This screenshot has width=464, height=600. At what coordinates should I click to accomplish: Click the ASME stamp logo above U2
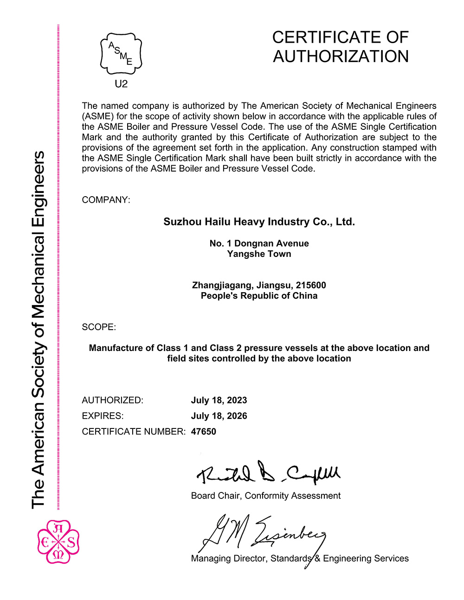(x=121, y=53)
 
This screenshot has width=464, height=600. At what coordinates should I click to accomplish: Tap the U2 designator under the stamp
(x=121, y=84)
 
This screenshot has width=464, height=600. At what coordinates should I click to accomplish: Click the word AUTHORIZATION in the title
(x=341, y=57)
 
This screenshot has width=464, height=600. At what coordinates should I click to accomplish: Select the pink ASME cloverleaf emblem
(x=58, y=542)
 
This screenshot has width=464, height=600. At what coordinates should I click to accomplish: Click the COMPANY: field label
(x=106, y=200)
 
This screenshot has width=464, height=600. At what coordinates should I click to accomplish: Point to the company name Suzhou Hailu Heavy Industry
(x=259, y=222)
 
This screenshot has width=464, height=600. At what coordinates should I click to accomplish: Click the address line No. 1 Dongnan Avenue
(x=259, y=243)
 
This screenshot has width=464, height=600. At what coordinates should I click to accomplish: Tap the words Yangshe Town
(x=259, y=254)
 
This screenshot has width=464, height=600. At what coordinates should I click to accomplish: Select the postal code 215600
(x=311, y=285)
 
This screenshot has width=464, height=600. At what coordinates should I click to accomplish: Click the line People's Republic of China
(x=259, y=296)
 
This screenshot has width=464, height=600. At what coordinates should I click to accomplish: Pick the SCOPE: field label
(x=99, y=327)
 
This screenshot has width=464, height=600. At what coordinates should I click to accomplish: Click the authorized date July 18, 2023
(x=219, y=400)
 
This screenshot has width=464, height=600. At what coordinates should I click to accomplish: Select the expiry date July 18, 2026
(x=219, y=416)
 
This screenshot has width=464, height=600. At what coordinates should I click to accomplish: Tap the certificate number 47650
(x=204, y=432)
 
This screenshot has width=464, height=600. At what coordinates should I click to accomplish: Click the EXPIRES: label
(x=103, y=416)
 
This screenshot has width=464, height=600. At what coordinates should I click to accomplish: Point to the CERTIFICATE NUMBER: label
(x=134, y=432)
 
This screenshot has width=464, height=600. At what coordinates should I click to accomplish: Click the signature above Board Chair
(x=268, y=473)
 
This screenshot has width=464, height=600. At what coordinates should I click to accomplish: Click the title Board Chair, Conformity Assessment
(x=266, y=496)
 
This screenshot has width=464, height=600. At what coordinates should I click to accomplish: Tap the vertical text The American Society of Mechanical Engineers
(x=38, y=329)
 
